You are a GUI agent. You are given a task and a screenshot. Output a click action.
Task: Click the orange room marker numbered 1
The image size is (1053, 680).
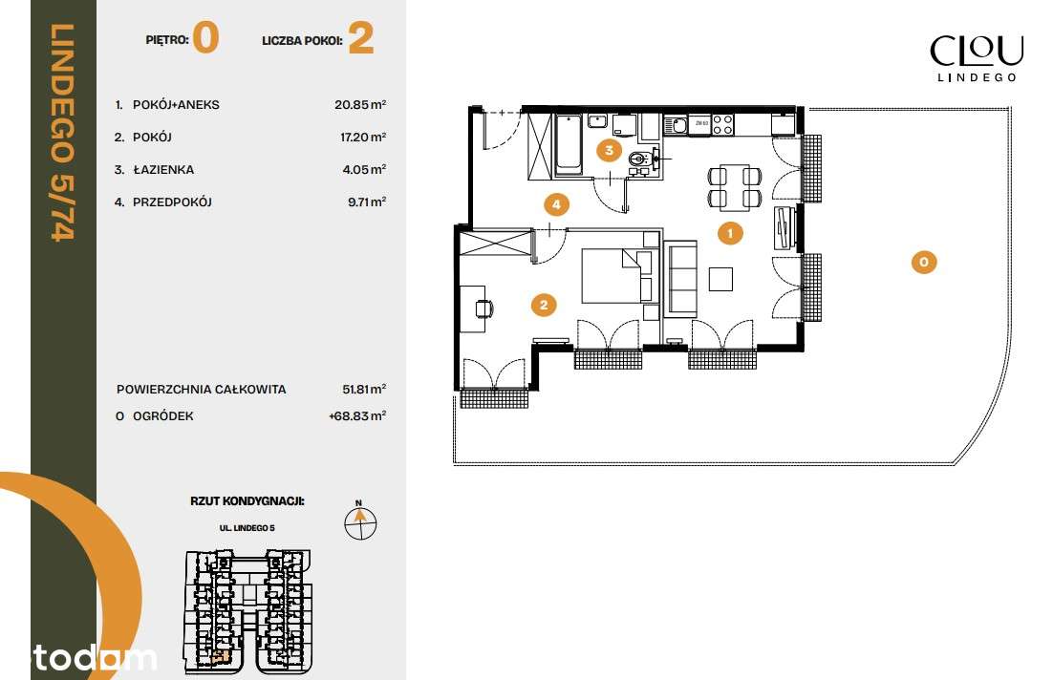point(730,232)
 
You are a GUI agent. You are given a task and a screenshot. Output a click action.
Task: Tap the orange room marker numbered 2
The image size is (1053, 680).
point(543,305)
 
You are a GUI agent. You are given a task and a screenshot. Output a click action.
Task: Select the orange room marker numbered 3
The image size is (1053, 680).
point(607,150)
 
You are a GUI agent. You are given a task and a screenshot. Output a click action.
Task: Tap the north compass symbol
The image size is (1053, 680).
point(360,521)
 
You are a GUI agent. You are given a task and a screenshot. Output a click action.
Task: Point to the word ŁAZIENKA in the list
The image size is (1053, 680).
point(163,170)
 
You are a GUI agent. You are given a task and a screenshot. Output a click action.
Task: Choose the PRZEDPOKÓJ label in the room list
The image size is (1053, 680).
point(172,202)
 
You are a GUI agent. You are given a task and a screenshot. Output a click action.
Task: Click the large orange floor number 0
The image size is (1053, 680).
point(206,39)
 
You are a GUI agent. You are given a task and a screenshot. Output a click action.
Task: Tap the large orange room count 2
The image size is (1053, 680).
point(360,39)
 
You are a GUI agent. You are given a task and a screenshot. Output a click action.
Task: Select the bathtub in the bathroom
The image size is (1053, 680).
point(569,144)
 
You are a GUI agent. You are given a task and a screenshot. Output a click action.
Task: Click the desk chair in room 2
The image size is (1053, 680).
point(484,308)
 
